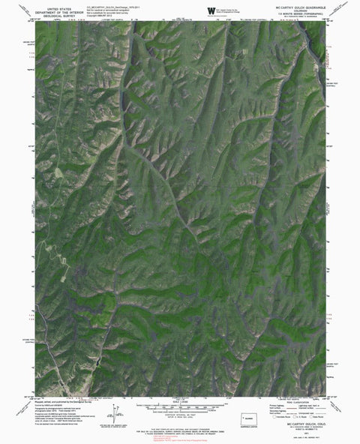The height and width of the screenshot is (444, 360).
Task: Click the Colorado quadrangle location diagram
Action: [x=250, y=418]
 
